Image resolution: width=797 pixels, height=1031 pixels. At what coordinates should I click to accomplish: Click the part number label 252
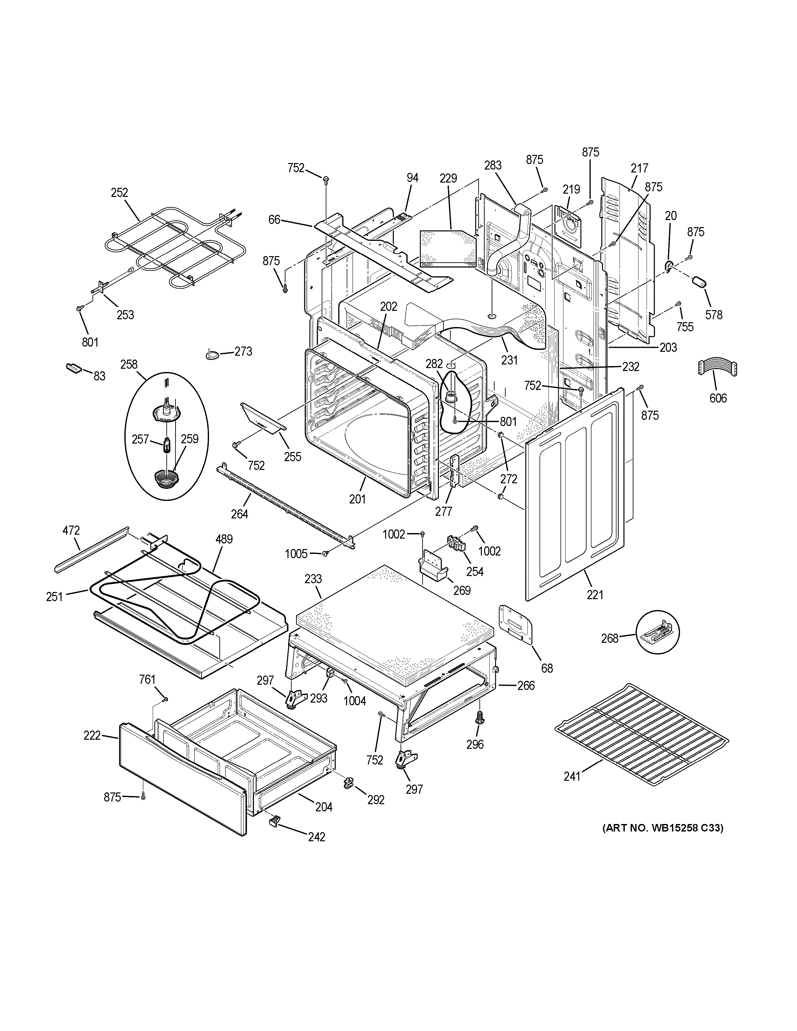pos(119,193)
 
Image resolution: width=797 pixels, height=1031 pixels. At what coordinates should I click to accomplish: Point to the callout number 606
pos(718,398)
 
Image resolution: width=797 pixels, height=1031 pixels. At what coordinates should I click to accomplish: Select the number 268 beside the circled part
pos(609,638)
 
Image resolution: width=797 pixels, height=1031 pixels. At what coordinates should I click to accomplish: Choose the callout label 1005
pos(296,553)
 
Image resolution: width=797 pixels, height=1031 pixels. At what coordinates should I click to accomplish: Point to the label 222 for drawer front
pos(92,735)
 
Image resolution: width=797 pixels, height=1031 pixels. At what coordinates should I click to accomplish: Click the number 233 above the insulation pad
pos(313,579)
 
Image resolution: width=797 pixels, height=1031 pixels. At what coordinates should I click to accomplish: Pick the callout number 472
pos(71,530)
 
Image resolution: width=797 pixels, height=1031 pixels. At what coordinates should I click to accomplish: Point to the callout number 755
pos(685,327)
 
